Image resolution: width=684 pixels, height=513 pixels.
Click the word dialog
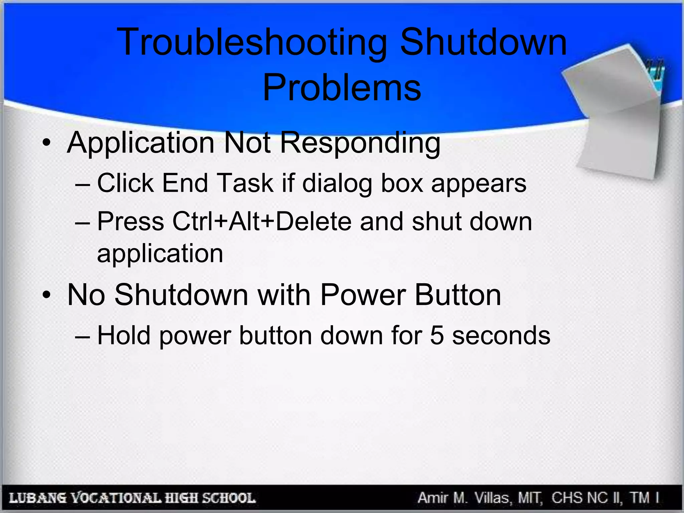[x=337, y=184]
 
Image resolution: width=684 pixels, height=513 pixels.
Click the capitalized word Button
[x=458, y=295]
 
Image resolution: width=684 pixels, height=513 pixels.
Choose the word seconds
[x=501, y=335]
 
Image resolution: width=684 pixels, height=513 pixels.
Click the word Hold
[x=124, y=335]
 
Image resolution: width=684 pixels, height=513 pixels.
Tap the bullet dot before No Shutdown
[x=46, y=295]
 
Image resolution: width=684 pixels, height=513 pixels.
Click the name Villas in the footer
[x=493, y=498]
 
